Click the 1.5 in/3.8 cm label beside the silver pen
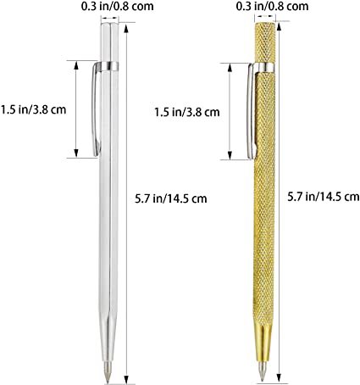(34, 109)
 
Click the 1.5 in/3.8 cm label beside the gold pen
(187, 111)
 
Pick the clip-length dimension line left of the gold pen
(229, 110)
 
